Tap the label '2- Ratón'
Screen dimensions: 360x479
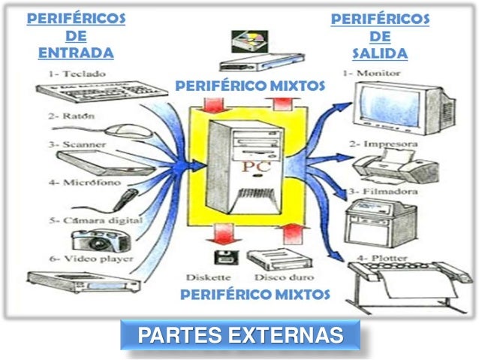click(66, 117)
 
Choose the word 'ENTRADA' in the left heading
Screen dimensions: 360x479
click(75, 53)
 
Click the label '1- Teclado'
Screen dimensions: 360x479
click(80, 74)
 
